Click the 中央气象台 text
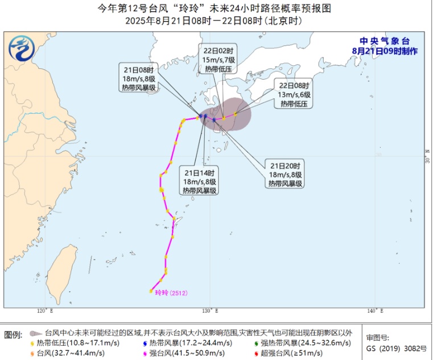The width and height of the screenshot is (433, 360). (385, 41)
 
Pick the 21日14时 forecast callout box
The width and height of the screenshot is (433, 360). (199, 181)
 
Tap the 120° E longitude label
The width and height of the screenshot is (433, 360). (44, 311)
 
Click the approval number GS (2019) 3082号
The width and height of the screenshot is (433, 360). (393, 346)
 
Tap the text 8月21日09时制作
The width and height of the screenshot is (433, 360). (385, 51)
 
